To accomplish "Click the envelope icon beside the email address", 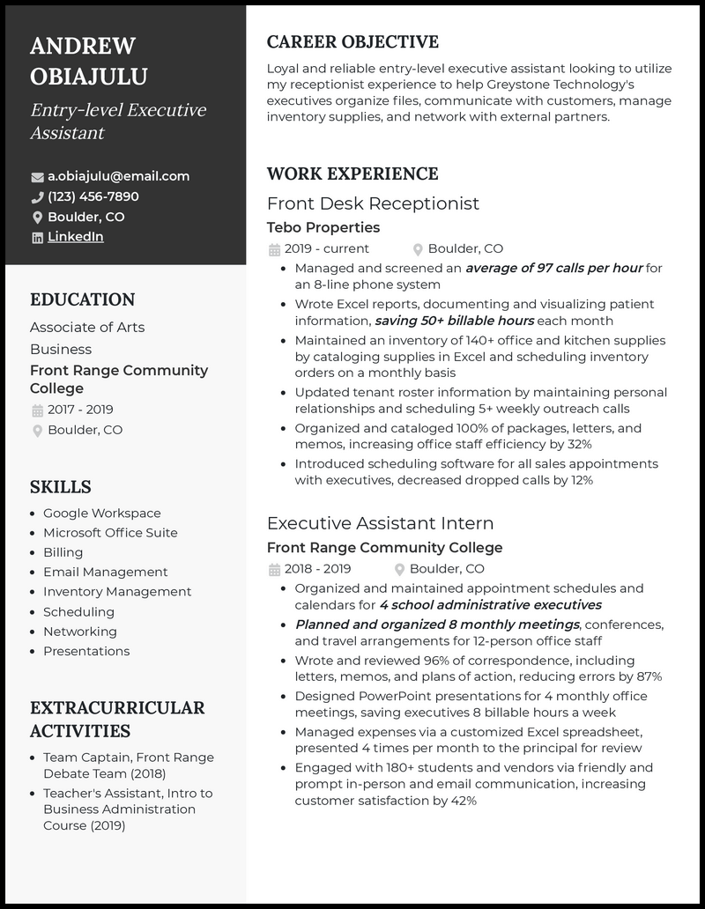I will coord(37,176).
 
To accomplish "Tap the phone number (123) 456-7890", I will coord(93,196).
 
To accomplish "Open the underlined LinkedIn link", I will coord(75,237).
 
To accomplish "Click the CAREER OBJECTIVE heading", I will coord(352,42).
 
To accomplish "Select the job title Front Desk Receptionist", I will coord(373,203).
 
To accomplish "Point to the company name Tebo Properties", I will coord(323,227).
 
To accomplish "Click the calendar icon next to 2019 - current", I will coord(274,249).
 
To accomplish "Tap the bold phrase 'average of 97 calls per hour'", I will coord(553,268).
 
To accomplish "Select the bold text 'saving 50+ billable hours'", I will coord(454,321).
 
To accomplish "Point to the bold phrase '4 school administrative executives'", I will coord(490,605).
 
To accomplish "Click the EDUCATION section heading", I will coord(83,299).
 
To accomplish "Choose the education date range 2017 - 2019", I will coord(80,410).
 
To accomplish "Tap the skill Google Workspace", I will coord(102,514).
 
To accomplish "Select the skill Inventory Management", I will coord(117,592).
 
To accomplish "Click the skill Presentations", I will coord(86,651).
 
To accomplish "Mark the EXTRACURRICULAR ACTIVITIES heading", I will coord(117,719).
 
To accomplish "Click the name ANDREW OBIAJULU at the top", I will coord(89,61).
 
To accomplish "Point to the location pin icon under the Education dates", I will coord(37,431).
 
